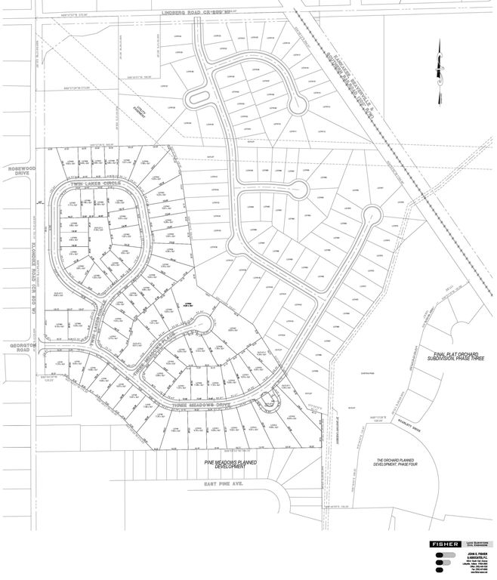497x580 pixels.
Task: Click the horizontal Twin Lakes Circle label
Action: pos(94,184)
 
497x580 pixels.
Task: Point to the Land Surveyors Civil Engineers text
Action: pos(477,544)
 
